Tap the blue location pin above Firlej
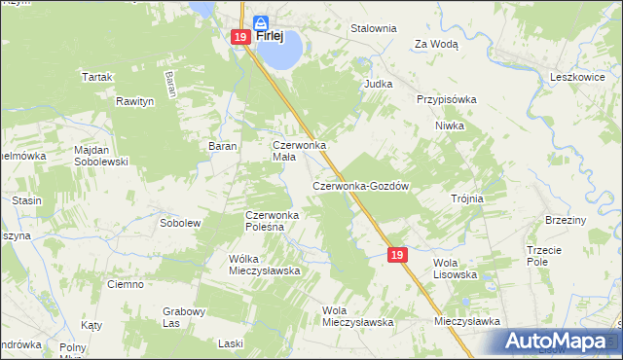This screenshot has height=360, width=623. click(261, 22)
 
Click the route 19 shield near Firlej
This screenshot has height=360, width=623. click(240, 37)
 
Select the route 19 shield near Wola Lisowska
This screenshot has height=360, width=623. click(396, 254)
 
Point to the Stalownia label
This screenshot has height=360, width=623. click(374, 28)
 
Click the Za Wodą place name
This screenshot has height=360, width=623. click(436, 44)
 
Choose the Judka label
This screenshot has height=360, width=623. click(378, 84)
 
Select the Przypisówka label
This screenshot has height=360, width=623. click(446, 99)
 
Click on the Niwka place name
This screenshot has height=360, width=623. click(450, 126)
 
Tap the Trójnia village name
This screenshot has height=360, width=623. click(467, 198)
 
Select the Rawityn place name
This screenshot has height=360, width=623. click(135, 100)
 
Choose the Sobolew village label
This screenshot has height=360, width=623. click(179, 223)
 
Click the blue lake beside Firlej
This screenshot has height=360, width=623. click(279, 54)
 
